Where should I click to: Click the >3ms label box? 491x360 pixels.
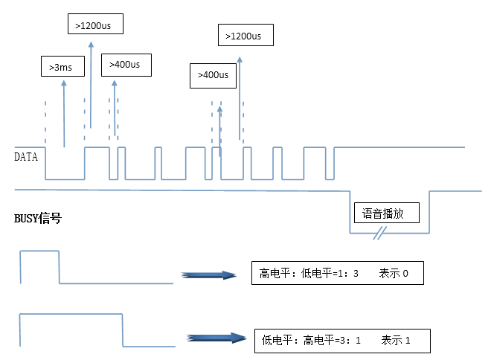click(62, 67)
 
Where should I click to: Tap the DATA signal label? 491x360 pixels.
click(26, 157)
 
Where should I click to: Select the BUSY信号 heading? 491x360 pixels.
click(37, 219)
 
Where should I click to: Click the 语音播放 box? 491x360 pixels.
click(387, 213)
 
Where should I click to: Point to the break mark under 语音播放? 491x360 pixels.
click(379, 234)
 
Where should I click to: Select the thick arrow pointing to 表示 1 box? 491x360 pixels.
click(216, 338)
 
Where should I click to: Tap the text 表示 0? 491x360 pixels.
click(394, 274)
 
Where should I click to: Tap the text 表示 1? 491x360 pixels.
click(396, 340)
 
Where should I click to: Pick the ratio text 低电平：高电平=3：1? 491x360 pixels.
click(312, 340)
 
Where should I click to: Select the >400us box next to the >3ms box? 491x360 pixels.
click(125, 65)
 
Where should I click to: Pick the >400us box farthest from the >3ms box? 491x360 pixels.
click(214, 75)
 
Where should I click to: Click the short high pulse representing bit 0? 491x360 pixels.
click(39, 257)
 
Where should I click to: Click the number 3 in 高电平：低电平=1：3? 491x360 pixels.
click(356, 274)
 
